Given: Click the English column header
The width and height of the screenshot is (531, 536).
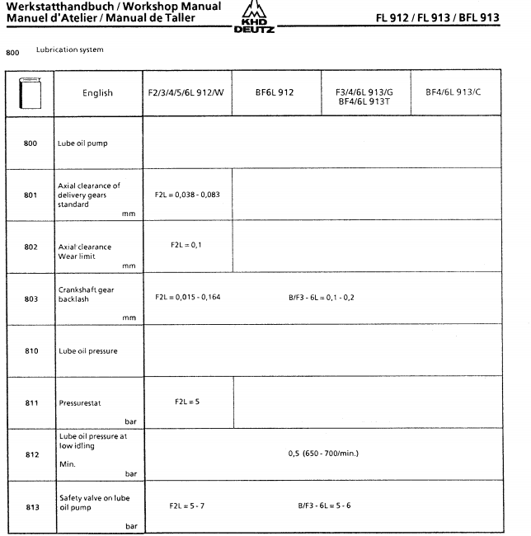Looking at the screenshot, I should [97, 93].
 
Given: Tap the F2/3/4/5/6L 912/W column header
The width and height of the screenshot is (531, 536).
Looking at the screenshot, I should [186, 93].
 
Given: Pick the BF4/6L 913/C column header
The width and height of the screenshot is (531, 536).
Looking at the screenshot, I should [453, 93].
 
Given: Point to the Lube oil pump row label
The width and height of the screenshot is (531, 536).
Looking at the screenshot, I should [83, 143].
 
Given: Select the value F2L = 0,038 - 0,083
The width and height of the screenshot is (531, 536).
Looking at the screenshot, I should [186, 195].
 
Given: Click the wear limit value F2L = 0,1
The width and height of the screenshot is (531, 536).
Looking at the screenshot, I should [186, 245].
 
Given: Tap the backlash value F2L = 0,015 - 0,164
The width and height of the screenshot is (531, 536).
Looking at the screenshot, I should [187, 297].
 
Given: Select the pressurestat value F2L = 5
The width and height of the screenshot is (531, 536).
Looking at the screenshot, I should [186, 401].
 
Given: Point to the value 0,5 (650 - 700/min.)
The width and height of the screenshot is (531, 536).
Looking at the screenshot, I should [323, 454].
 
